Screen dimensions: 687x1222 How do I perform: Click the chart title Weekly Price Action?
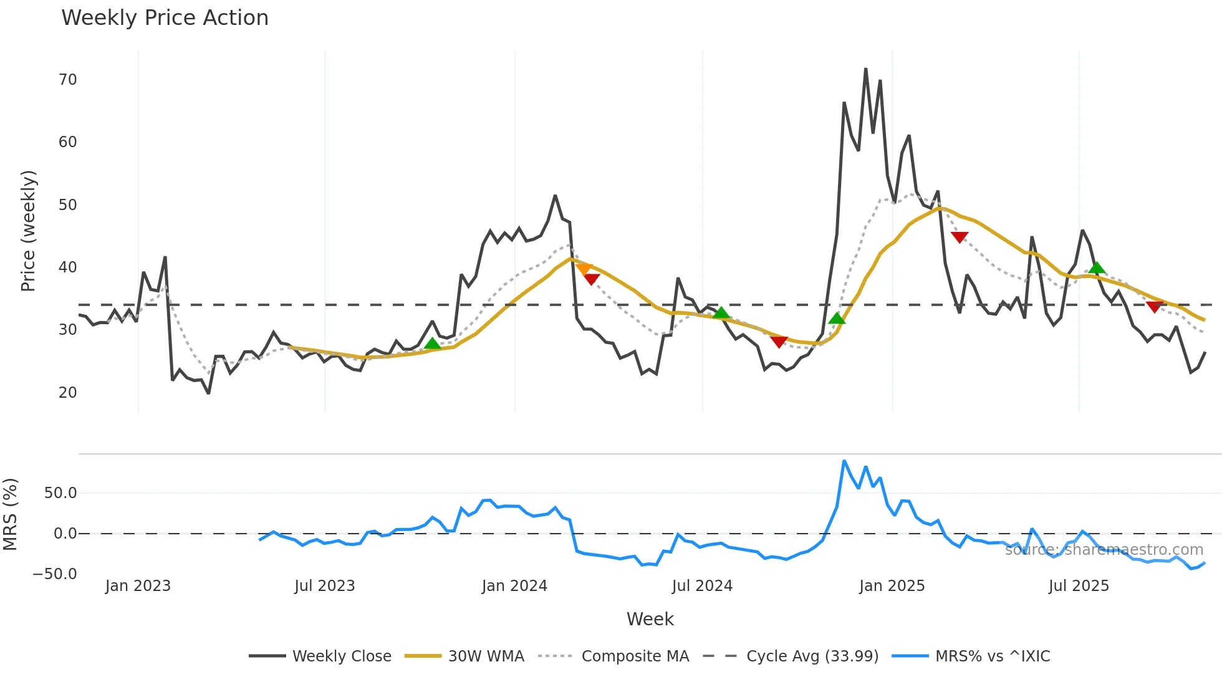pyautogui.click(x=165, y=18)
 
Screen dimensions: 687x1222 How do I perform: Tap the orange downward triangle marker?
pyautogui.click(x=584, y=269)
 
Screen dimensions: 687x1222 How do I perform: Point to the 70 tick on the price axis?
pyautogui.click(x=68, y=80)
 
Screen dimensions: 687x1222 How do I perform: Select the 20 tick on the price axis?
pyautogui.click(x=68, y=393)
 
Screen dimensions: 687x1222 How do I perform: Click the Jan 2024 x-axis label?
pyautogui.click(x=514, y=586)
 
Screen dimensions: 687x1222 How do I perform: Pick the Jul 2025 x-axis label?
pyautogui.click(x=1079, y=586)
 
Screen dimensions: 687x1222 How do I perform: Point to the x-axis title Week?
pyautogui.click(x=650, y=619)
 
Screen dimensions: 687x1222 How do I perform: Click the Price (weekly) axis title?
pyautogui.click(x=29, y=231)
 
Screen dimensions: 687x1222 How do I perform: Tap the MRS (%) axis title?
pyautogui.click(x=11, y=514)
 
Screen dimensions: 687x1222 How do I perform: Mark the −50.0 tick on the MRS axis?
pyautogui.click(x=55, y=574)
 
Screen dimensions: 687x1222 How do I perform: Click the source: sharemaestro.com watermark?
pyautogui.click(x=1104, y=550)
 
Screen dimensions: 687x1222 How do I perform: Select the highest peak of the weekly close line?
pyautogui.click(x=865, y=69)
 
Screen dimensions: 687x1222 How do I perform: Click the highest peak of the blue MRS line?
pyautogui.click(x=844, y=461)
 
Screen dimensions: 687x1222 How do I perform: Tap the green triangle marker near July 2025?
pyautogui.click(x=1097, y=268)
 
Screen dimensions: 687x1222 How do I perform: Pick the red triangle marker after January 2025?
pyautogui.click(x=960, y=237)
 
